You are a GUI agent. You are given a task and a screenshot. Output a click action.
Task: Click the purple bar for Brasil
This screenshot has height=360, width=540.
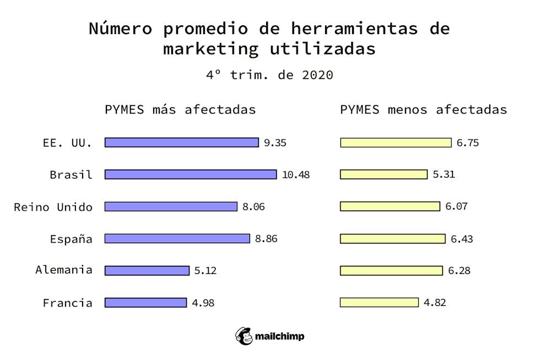click(191, 174)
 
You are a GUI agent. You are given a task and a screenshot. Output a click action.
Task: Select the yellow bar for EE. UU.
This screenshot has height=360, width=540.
click(396, 143)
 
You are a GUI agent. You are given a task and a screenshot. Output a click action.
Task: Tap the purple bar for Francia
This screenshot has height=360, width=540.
click(145, 302)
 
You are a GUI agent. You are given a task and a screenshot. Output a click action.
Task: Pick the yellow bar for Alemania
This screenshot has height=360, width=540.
click(391, 270)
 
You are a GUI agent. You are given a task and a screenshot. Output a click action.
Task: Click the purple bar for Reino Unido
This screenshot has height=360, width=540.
click(171, 206)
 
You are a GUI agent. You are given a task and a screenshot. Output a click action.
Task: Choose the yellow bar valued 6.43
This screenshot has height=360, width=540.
click(392, 238)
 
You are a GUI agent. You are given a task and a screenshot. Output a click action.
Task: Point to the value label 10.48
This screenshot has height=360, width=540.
click(296, 175)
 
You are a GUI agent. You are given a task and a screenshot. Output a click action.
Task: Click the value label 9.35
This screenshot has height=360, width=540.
click(275, 143)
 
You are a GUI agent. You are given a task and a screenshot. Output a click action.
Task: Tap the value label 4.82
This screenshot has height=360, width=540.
click(435, 302)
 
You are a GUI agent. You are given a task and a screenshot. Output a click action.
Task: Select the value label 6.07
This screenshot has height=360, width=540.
click(456, 206)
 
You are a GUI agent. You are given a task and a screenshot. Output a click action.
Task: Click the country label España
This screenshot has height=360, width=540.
click(71, 239)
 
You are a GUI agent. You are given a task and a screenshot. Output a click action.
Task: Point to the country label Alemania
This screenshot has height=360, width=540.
click(64, 270)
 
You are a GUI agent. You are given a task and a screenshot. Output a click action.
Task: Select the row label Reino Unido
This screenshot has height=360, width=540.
click(53, 207)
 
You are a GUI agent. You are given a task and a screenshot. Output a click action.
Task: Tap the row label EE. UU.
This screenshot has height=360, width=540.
click(67, 143)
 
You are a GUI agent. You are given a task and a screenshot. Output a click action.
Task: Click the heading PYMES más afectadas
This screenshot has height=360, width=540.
click(180, 109)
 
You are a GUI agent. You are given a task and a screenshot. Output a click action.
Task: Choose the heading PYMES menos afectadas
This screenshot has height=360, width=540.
click(423, 109)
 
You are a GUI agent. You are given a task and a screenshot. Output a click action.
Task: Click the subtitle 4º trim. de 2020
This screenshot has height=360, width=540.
click(269, 74)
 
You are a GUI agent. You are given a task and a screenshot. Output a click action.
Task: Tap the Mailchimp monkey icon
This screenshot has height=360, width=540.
click(244, 336)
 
